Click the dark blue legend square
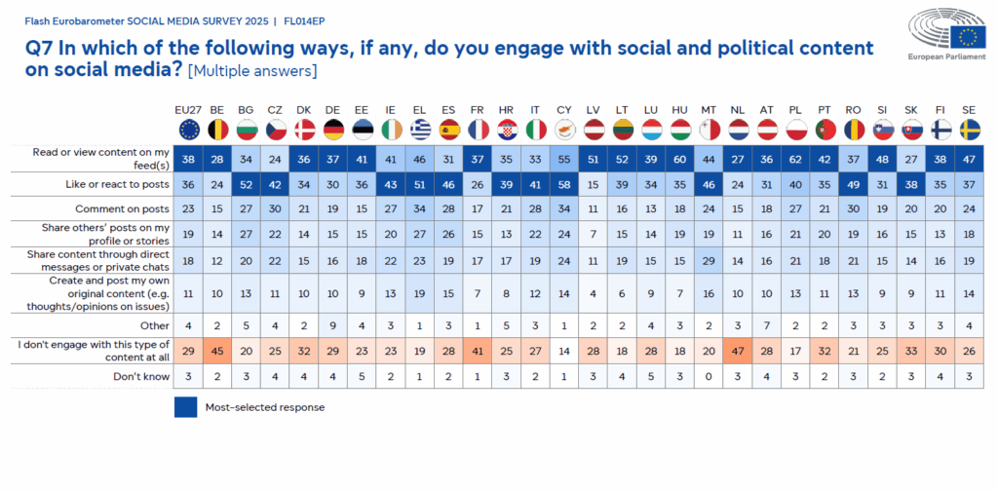[186, 407]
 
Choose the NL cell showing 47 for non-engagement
[738, 351]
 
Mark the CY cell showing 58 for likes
[564, 184]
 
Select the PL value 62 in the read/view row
[794, 159]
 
